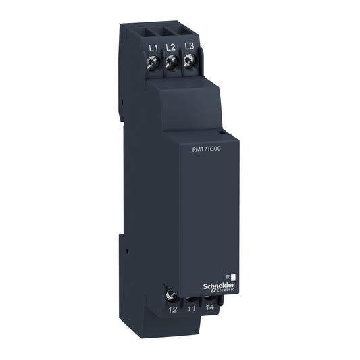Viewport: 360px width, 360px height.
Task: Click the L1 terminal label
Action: [152, 48]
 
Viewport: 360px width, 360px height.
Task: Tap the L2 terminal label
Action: [171, 48]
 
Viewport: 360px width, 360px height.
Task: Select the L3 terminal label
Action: [190, 48]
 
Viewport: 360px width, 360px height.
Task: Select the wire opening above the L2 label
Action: [169, 34]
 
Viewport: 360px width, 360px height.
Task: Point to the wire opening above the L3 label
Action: [188, 34]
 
